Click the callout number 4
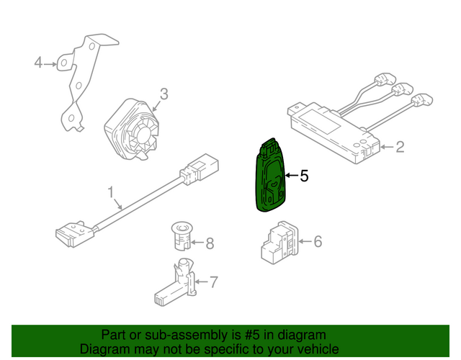coord(38,63)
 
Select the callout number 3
coord(164,94)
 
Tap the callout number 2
coord(400,147)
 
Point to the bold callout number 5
coord(304,176)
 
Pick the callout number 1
coord(110,192)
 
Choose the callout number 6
coord(318,242)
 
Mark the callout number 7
coord(214,282)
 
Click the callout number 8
coord(210,243)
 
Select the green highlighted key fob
coord(271,175)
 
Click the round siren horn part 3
coord(132,130)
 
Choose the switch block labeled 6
coord(279,243)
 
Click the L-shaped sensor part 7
coord(176,282)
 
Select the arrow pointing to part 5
coord(292,176)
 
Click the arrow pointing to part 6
coord(305,242)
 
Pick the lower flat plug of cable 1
coord(75,234)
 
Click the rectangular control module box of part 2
coord(333,132)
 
